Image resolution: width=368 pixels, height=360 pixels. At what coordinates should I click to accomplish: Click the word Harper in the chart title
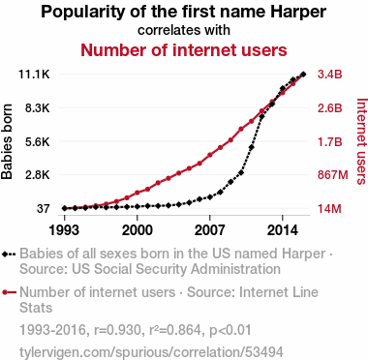[x=298, y=13]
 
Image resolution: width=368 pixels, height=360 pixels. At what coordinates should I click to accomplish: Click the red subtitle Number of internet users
[x=184, y=50]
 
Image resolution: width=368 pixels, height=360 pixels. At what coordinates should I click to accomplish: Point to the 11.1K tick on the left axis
[x=34, y=75]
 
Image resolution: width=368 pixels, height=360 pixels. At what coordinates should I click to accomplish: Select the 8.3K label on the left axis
[x=38, y=108]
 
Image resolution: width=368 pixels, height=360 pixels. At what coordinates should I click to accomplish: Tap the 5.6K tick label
[x=38, y=141]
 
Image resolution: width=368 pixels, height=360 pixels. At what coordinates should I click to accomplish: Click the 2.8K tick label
[x=38, y=175]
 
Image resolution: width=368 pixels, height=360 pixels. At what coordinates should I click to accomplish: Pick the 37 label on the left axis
[x=44, y=209]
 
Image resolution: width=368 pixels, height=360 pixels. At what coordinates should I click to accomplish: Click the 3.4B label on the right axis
[x=329, y=75]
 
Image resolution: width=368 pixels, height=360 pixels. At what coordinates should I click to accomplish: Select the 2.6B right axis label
[x=329, y=108]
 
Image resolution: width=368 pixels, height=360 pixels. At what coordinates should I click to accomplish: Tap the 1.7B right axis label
[x=329, y=141]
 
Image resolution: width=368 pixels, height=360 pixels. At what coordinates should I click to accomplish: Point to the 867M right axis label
[x=333, y=175]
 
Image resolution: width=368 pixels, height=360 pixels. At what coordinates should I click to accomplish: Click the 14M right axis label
[x=329, y=209]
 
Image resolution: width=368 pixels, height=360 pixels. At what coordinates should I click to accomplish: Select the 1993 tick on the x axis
[x=65, y=230]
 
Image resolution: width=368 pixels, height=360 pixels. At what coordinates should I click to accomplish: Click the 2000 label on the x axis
[x=138, y=230]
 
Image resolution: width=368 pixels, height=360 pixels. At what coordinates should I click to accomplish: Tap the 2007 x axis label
[x=210, y=230]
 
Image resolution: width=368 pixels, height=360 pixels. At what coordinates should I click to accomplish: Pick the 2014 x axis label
[x=283, y=230]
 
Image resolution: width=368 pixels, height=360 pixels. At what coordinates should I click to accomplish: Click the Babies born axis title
[x=7, y=141]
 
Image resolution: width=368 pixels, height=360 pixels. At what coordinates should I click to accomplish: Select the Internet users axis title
[x=362, y=141]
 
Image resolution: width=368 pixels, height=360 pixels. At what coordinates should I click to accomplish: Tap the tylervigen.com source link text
[x=151, y=352]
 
